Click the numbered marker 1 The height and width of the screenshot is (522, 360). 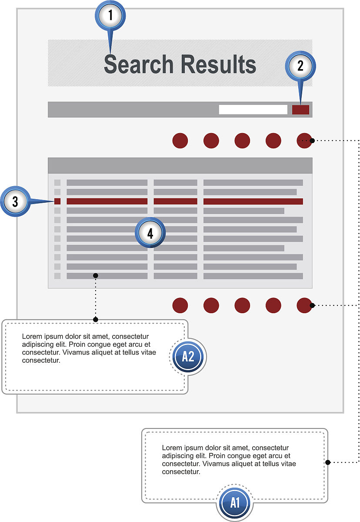110,15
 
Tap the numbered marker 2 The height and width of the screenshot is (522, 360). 300,66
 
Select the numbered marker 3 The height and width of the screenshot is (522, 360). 15,201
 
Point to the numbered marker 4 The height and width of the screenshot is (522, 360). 150,233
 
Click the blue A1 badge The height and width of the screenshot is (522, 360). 235,502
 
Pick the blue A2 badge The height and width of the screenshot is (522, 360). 188,357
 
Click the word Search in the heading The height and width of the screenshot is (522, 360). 139,64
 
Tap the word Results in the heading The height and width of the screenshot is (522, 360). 218,64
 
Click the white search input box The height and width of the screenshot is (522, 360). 253,110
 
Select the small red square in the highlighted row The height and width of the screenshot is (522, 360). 57,201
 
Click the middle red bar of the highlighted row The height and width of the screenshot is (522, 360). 175,201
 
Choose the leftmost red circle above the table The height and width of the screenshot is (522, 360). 180,141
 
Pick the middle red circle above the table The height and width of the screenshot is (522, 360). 242,141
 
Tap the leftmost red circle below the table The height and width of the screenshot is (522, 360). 180,305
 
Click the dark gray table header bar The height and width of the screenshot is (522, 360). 180,165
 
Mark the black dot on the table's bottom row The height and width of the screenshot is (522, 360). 96,276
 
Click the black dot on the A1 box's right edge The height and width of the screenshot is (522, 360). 328,462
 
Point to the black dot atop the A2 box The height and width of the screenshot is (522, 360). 96,319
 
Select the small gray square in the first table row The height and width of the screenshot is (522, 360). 57,182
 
